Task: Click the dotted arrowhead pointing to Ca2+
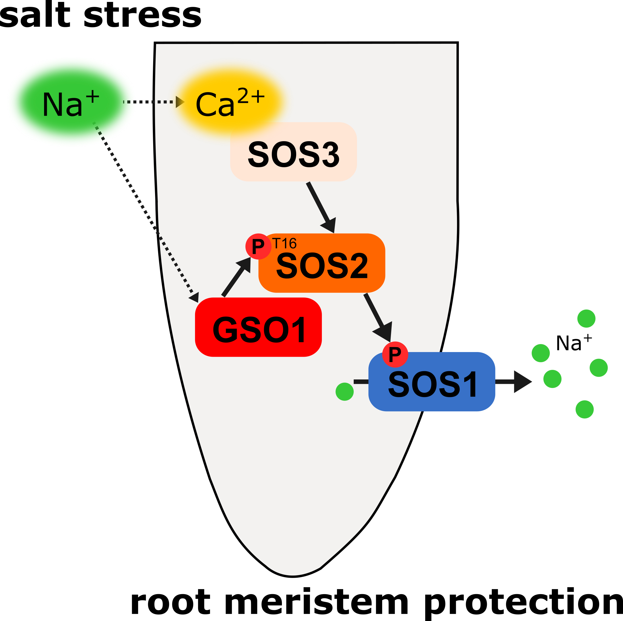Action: [x=180, y=102]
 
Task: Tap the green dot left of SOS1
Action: [x=344, y=392]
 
